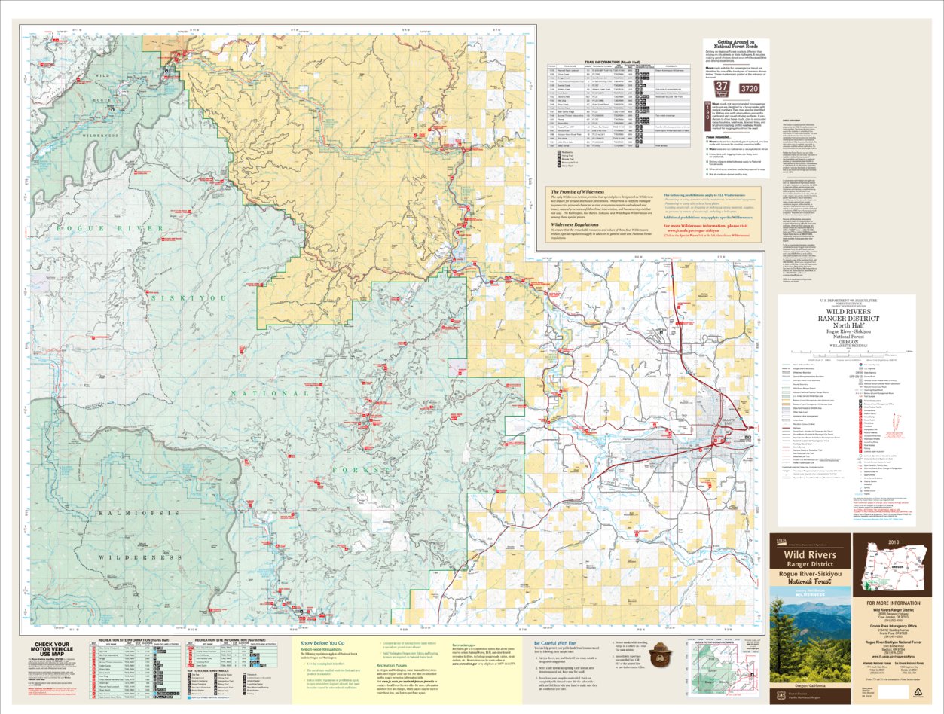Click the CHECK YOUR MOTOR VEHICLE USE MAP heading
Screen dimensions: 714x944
[x=53, y=648]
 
